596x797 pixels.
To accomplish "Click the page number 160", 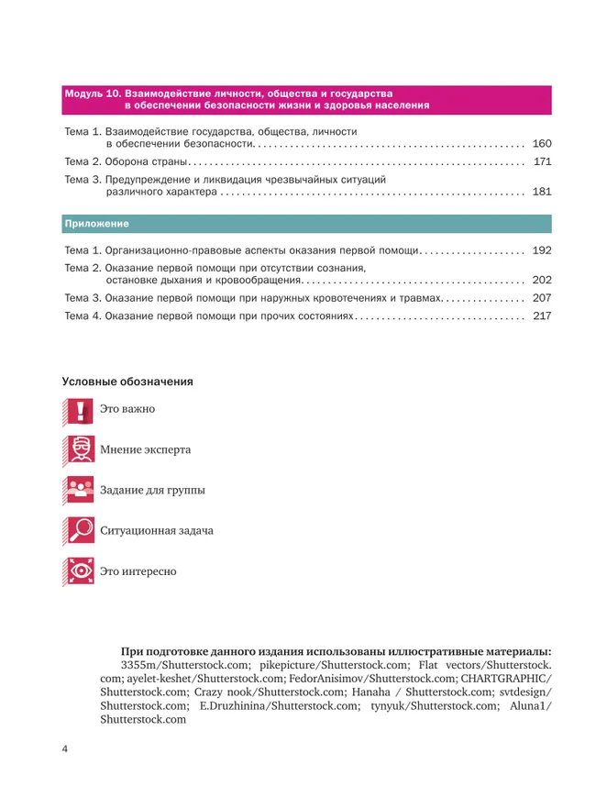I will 541,144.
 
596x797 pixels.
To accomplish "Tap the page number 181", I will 541,193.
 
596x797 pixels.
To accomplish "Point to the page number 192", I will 541,250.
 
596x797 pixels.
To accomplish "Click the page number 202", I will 541,281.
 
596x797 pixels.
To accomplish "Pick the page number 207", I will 541,298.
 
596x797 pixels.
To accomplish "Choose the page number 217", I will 541,315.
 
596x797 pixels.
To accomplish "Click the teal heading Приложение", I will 96,224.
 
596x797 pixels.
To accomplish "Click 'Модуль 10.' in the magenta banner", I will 92,94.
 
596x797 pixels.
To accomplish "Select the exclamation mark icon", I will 80,409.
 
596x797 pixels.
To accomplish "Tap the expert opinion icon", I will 80,449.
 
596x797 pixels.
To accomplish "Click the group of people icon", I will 80,490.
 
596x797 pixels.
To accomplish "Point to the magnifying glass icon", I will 80,530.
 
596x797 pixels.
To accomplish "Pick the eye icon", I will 80,570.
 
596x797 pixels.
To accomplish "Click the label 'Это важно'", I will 127,409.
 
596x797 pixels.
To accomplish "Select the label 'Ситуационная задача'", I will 157,531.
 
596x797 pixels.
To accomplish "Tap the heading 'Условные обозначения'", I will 127,381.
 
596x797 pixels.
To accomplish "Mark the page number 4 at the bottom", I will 65,750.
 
